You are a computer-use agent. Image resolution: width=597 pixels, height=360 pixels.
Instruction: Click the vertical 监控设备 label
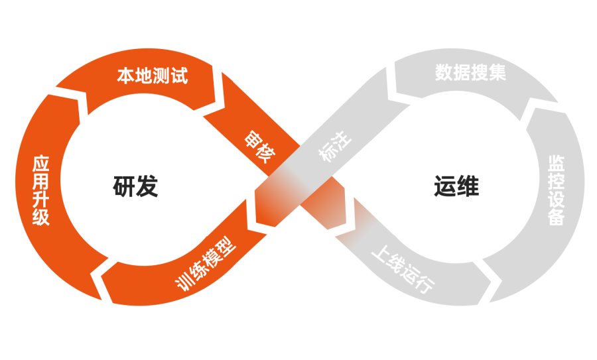(556, 190)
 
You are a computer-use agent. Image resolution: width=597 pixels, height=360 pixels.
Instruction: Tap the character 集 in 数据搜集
(497, 72)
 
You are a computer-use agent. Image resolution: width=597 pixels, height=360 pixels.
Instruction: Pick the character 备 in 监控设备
(556, 217)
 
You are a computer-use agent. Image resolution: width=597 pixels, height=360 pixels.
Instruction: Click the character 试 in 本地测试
(179, 76)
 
